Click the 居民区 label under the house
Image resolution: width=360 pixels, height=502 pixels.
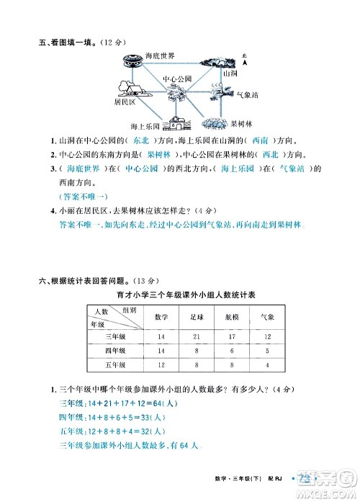point(125,102)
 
